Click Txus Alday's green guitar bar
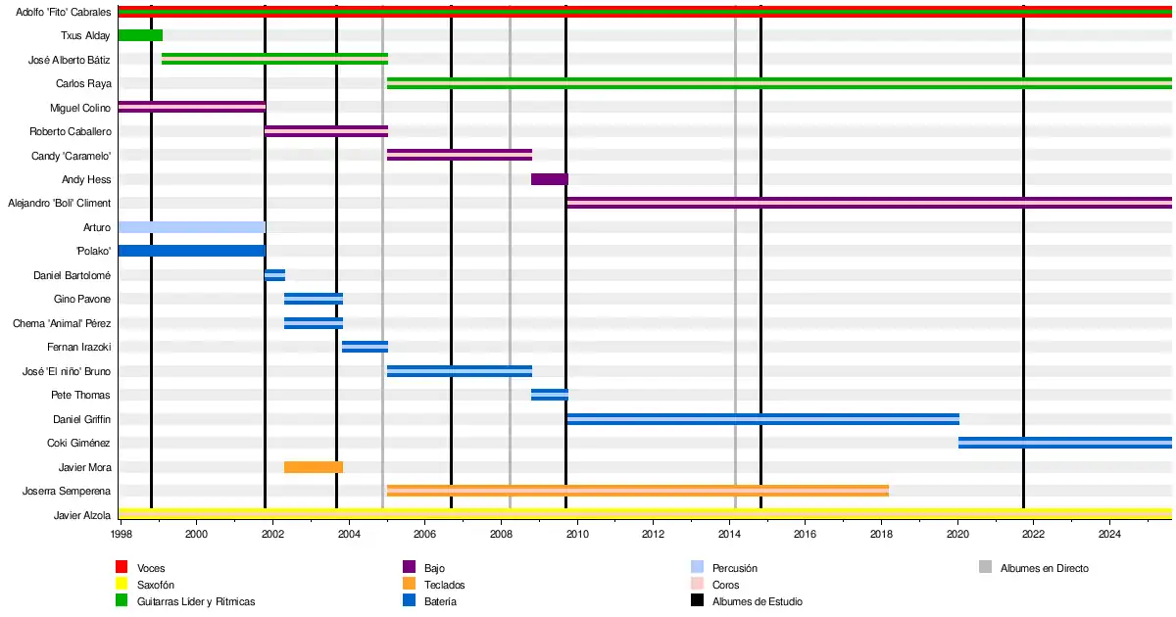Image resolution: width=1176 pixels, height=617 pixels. (x=140, y=35)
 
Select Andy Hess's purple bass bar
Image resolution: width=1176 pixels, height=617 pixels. (x=549, y=179)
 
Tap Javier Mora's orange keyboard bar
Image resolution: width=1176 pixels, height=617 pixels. (x=314, y=467)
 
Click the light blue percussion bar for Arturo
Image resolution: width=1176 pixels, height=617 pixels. (x=191, y=227)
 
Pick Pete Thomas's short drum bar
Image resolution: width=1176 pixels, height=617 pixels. (x=549, y=395)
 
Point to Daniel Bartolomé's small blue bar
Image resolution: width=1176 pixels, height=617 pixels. (x=274, y=275)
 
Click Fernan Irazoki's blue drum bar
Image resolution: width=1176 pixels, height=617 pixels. (x=365, y=347)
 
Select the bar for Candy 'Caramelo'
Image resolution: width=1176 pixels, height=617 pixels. (x=459, y=155)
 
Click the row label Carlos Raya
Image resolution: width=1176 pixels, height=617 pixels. (x=83, y=84)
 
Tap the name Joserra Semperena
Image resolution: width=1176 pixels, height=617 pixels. (x=67, y=492)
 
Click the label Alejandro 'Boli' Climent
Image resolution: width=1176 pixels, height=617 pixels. (x=60, y=204)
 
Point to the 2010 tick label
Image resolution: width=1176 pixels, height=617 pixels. (x=577, y=535)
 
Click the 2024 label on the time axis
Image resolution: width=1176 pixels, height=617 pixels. (x=1109, y=535)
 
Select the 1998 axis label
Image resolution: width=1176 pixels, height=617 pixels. (x=122, y=535)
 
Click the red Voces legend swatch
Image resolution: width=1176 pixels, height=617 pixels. (x=122, y=567)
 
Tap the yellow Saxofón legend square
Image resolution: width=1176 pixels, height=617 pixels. (x=122, y=585)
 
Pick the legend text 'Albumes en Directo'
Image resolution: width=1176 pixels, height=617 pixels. (x=1044, y=568)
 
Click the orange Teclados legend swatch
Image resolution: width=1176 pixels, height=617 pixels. (x=410, y=585)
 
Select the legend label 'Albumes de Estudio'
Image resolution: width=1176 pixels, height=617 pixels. (x=757, y=602)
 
